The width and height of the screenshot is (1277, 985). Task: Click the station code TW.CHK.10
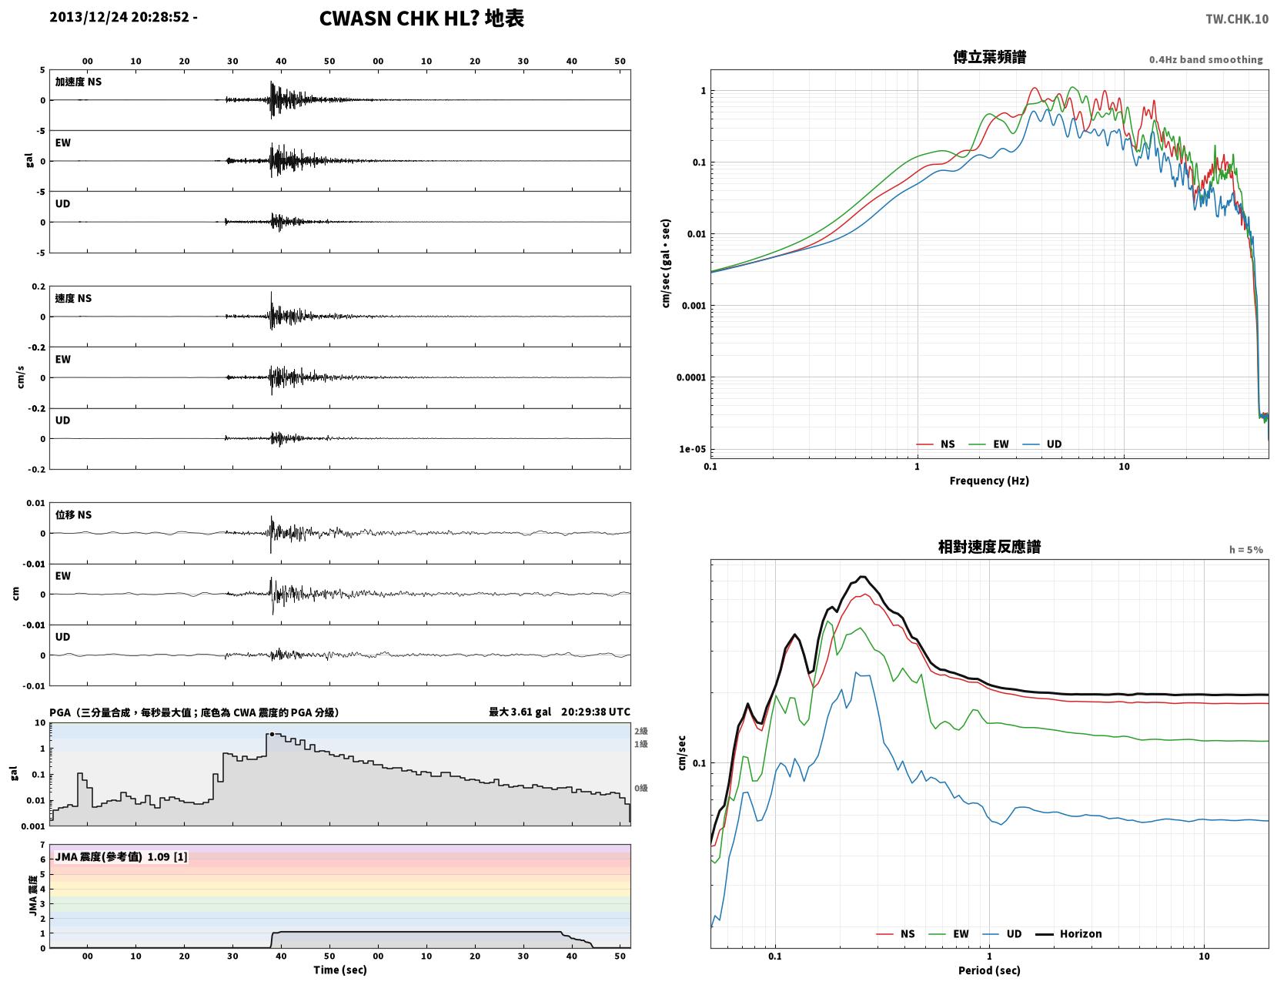coord(1236,18)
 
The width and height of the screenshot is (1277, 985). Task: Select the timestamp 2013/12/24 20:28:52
coord(119,17)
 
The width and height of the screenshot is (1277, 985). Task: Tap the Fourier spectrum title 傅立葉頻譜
coord(989,57)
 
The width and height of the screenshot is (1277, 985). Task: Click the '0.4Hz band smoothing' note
coord(1205,59)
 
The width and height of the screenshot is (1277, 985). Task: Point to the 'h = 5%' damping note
coord(1246,550)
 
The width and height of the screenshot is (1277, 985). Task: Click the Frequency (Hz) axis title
coord(989,481)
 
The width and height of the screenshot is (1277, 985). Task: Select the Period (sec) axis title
coord(989,970)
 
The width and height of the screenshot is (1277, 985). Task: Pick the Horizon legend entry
coord(1068,933)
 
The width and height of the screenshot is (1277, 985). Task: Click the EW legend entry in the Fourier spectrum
coord(988,444)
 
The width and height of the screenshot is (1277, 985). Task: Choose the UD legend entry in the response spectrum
coord(1002,933)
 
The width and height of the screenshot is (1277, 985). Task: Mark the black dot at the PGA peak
coord(272,734)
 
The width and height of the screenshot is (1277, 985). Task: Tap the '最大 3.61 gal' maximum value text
coord(520,712)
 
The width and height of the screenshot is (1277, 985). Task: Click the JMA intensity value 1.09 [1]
coord(168,856)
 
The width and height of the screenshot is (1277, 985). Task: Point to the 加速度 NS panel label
coord(79,82)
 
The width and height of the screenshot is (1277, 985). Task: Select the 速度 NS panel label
coord(73,298)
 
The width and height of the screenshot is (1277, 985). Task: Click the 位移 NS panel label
coord(73,514)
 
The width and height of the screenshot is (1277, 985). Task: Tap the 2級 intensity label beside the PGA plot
coord(640,731)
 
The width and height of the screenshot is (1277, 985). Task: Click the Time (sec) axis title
coord(339,970)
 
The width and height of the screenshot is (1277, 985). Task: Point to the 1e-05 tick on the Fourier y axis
coord(692,449)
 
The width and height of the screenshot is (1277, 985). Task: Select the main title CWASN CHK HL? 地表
coord(421,18)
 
